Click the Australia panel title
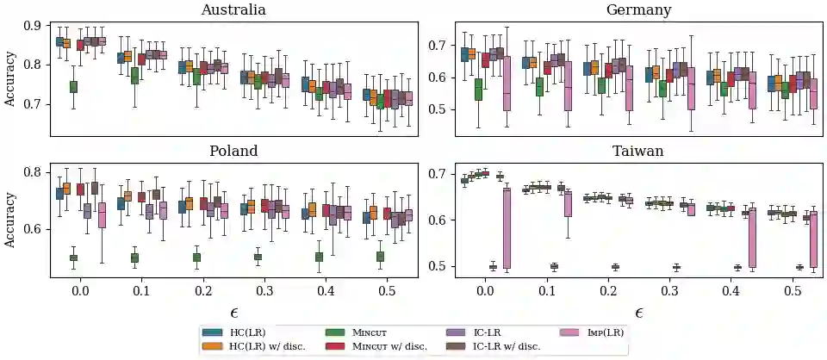pyautogui.click(x=233, y=10)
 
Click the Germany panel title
pyautogui.click(x=638, y=10)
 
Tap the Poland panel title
pyautogui.click(x=233, y=151)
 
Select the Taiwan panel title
pyautogui.click(x=638, y=151)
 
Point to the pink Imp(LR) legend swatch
pyautogui.click(x=570, y=332)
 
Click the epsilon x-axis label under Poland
pyautogui.click(x=233, y=312)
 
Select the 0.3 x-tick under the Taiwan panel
pyautogui.click(x=668, y=292)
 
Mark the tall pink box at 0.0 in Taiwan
pyautogui.click(x=507, y=228)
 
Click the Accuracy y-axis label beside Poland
pyautogui.click(x=10, y=219)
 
